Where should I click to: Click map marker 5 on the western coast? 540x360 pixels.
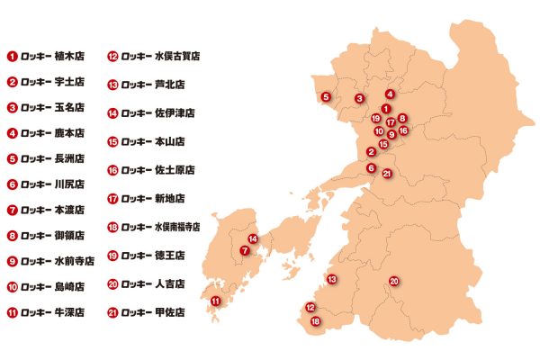(x=326, y=96)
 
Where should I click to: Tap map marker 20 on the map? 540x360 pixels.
(x=393, y=283)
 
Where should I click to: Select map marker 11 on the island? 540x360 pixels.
(x=215, y=301)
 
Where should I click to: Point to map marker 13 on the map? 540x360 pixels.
(x=331, y=280)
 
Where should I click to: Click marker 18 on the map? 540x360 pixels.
(x=315, y=321)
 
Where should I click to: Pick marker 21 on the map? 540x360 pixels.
(x=386, y=174)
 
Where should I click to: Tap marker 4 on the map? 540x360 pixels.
(x=390, y=94)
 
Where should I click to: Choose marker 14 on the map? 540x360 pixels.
(x=253, y=238)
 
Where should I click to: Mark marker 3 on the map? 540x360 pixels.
(x=358, y=98)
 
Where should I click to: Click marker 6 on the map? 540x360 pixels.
(x=371, y=167)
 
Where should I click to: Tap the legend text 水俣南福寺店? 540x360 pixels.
(x=187, y=227)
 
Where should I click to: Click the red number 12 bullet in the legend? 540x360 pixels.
(x=113, y=55)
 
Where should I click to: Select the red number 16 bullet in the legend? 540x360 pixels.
(x=113, y=170)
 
